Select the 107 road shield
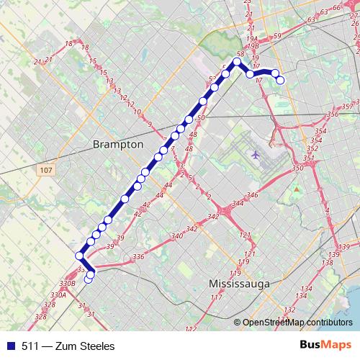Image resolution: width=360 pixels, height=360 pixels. pyautogui.click(x=45, y=169)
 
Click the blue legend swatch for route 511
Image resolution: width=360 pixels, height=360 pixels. pyautogui.click(x=9, y=346)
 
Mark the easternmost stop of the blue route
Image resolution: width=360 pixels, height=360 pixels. pyautogui.click(x=281, y=80)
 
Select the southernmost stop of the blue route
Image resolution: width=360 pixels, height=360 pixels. pyautogui.click(x=89, y=279)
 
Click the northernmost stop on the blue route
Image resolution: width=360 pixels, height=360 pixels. pyautogui.click(x=236, y=61)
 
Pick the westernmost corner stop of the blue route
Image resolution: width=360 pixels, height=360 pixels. pyautogui.click(x=78, y=255)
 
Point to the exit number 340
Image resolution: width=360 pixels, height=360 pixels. pyautogui.click(x=177, y=236)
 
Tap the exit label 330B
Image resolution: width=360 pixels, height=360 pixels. pyautogui.click(x=67, y=284)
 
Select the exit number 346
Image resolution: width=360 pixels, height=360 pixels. pyautogui.click(x=251, y=195)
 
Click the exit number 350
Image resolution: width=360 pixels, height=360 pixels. pyautogui.click(x=297, y=168)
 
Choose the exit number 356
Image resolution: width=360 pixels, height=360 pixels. pyautogui.click(x=332, y=114)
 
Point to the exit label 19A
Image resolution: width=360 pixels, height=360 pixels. pyautogui.click(x=251, y=39)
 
